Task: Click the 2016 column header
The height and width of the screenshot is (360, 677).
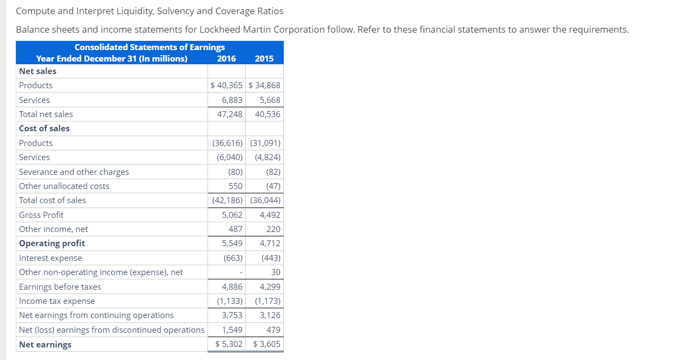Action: tap(227, 59)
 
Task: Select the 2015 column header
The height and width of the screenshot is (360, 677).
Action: tap(264, 59)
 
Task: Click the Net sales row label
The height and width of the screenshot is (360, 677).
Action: tap(38, 71)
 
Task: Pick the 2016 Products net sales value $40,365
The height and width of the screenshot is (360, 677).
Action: tap(227, 86)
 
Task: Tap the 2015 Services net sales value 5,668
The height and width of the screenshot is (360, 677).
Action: tap(270, 100)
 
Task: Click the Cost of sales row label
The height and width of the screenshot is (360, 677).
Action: tap(44, 129)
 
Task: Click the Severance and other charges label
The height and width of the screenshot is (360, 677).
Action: tap(74, 172)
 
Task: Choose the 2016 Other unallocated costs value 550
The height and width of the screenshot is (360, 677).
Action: tap(235, 186)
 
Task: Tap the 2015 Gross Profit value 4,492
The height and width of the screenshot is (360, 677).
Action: tap(270, 215)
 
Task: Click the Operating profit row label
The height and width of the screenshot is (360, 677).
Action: tap(52, 243)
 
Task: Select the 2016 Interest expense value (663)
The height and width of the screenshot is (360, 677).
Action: tap(233, 258)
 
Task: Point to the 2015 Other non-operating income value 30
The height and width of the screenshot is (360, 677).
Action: tap(276, 272)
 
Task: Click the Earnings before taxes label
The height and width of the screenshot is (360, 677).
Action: tap(60, 287)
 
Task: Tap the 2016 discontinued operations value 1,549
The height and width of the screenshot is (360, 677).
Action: tap(232, 330)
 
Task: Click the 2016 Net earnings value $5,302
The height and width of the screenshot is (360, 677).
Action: tap(229, 344)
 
